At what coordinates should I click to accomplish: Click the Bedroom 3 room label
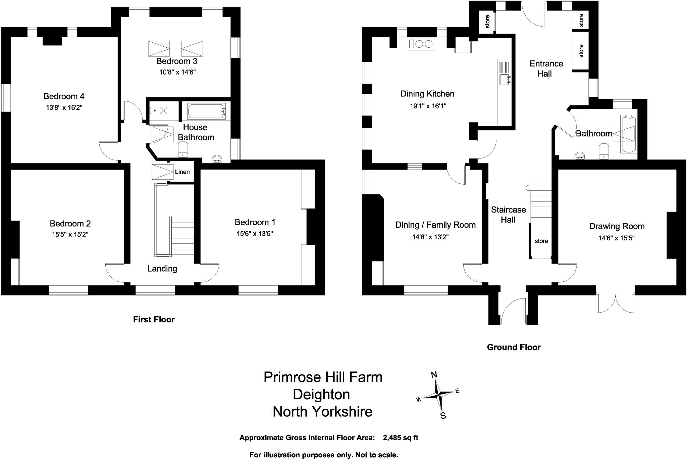176,61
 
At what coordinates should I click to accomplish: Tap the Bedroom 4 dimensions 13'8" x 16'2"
64,108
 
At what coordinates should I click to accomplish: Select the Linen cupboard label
182,172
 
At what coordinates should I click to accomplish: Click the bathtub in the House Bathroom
206,111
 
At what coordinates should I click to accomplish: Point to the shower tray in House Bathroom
163,110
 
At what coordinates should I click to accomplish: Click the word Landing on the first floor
162,269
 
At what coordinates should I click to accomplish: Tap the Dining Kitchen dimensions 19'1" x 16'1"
428,106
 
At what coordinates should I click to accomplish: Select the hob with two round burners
421,44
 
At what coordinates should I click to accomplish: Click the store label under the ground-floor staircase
541,241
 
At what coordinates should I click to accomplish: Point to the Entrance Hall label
546,68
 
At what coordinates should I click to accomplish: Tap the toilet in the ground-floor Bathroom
603,151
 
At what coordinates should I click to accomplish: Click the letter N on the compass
434,375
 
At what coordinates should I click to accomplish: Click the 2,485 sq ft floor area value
400,438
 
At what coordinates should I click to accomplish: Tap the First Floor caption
154,320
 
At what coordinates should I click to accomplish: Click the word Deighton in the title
321,395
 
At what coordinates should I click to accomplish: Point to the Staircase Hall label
508,215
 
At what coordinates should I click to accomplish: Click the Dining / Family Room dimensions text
430,237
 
